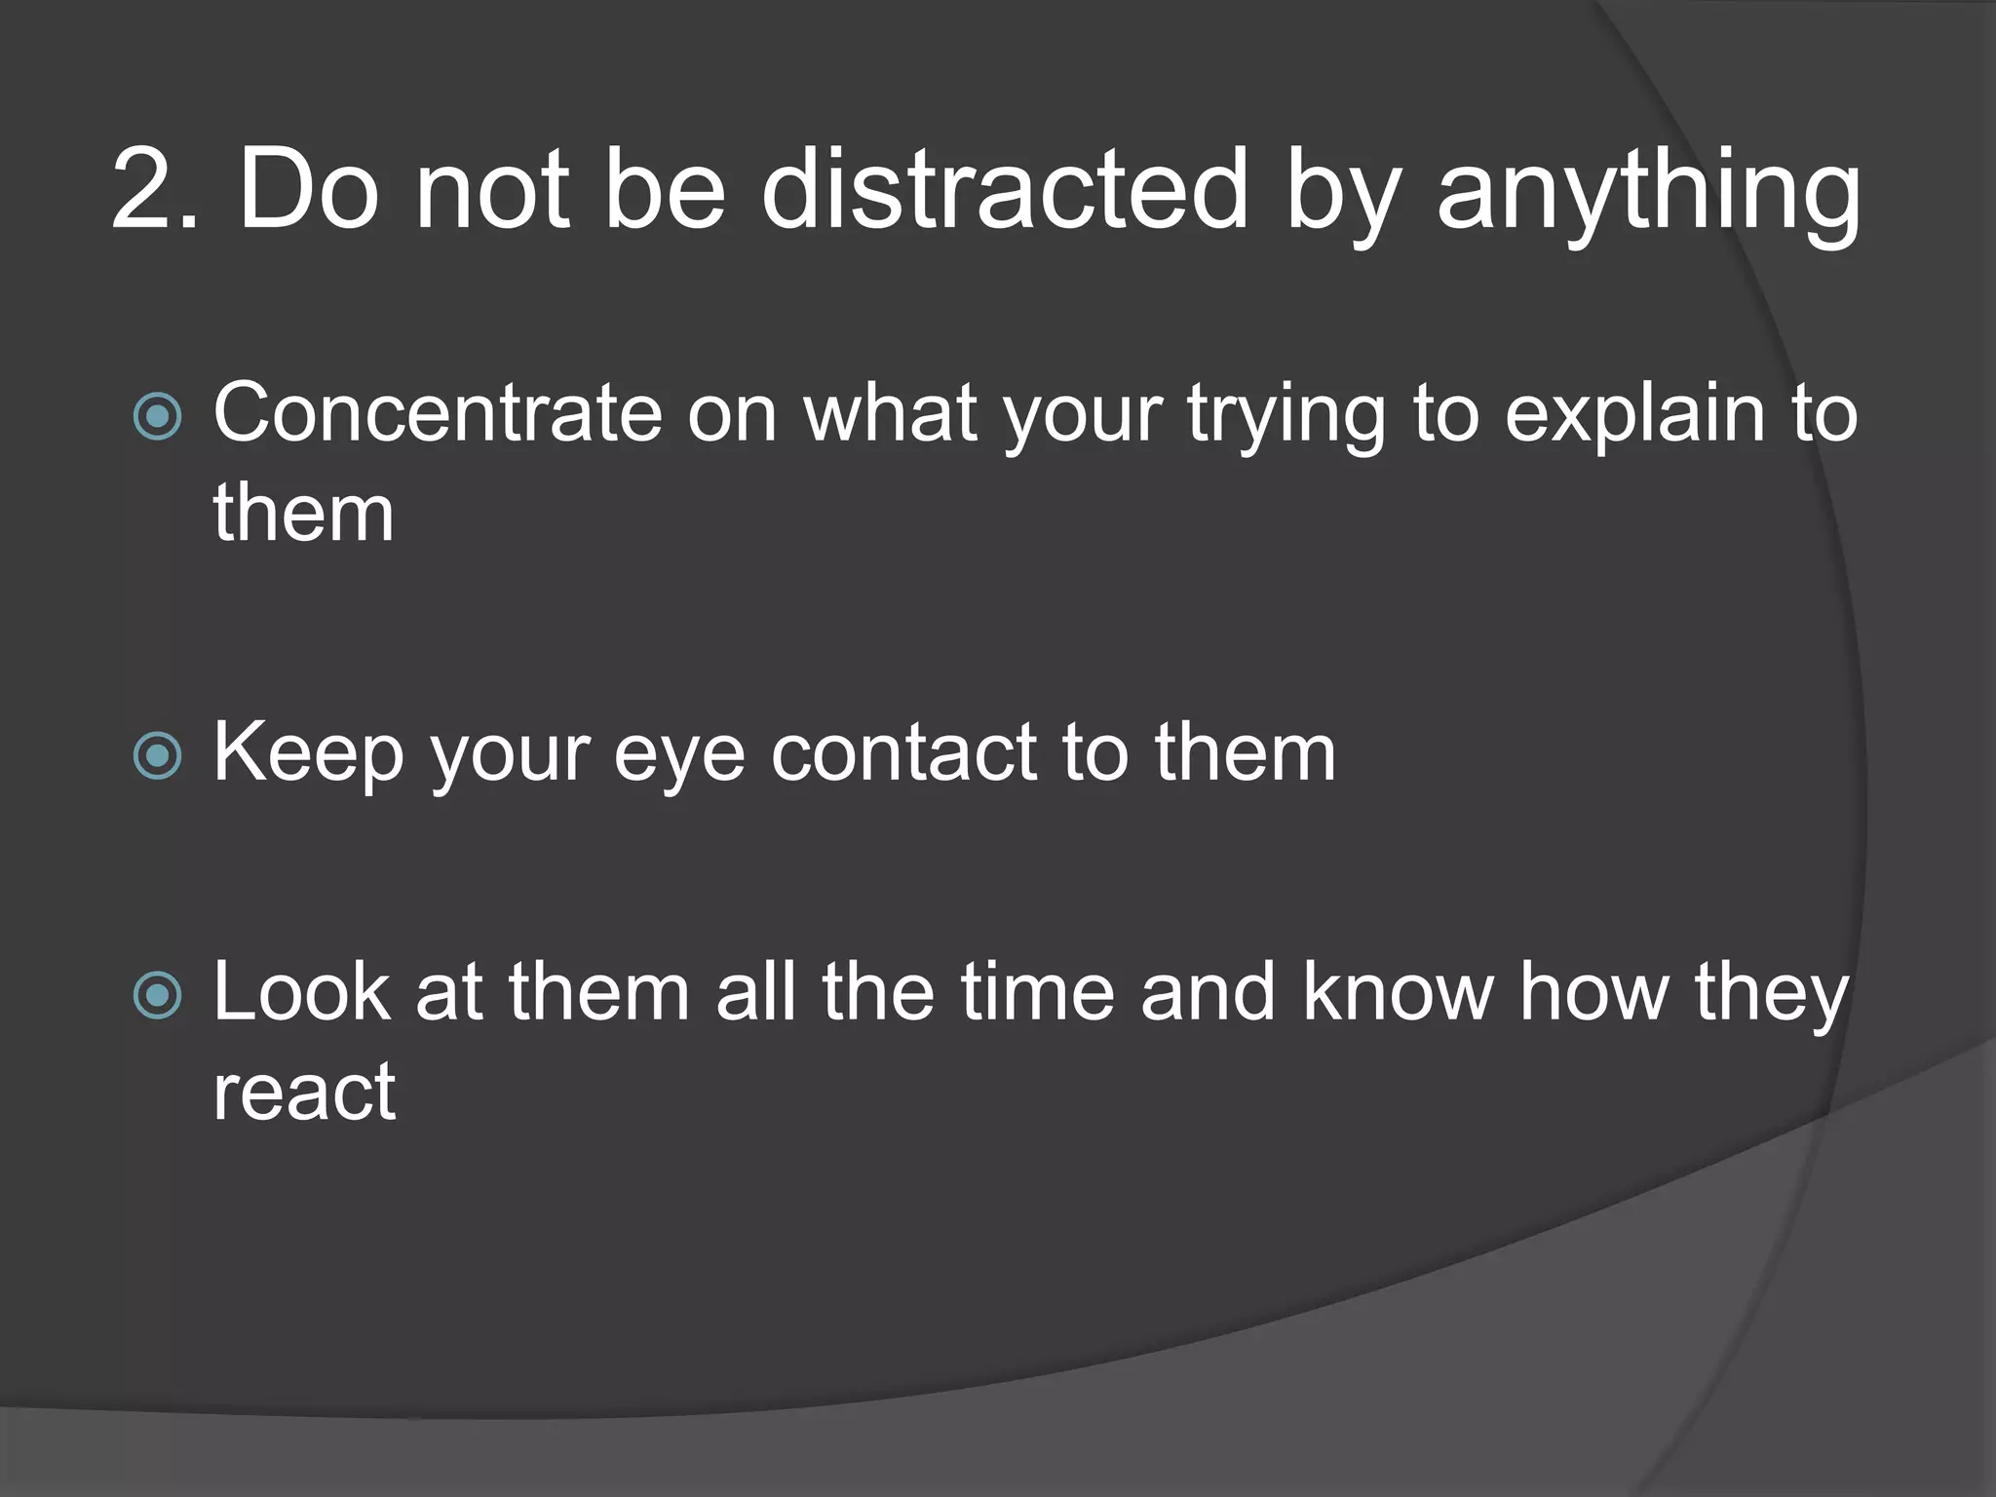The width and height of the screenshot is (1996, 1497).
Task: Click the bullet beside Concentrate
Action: (x=157, y=416)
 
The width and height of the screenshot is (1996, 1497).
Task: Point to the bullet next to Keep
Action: (x=157, y=755)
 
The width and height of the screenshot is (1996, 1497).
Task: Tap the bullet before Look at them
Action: (x=157, y=995)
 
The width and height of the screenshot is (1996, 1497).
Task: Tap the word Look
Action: (x=301, y=992)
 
